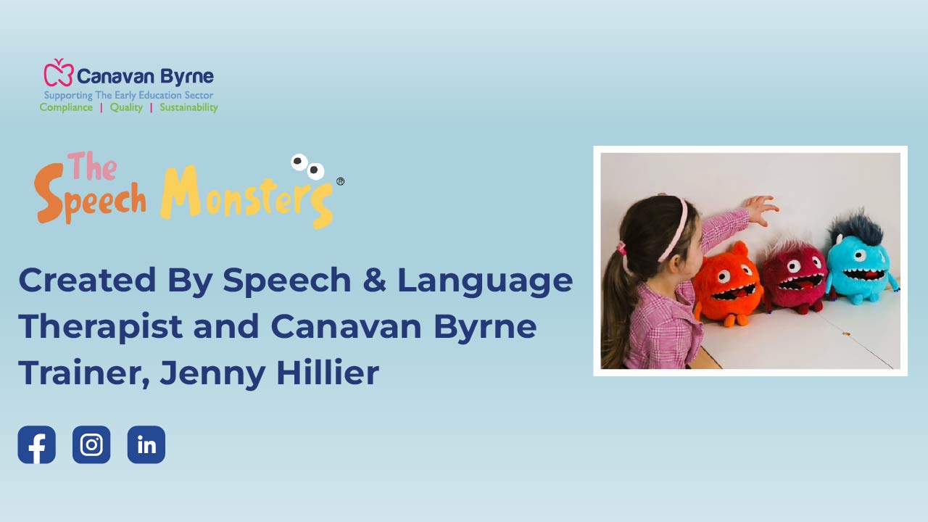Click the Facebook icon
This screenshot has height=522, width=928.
coord(36,444)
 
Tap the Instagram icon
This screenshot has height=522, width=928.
coord(91,444)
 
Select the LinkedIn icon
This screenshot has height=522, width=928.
coord(146,444)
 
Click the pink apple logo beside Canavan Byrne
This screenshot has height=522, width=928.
coord(59,72)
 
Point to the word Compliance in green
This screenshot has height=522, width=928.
coord(66,107)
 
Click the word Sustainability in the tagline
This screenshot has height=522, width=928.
coord(189,107)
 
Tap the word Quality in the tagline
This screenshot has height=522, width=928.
coord(126,107)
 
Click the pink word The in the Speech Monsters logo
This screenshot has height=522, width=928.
coord(92,166)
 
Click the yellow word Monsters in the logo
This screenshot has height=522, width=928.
coord(246,196)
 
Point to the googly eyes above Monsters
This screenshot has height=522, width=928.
coord(307,167)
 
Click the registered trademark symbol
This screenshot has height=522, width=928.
coord(340,181)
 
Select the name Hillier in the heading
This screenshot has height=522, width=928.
coord(327,372)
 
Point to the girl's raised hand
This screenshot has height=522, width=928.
coord(761,210)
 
